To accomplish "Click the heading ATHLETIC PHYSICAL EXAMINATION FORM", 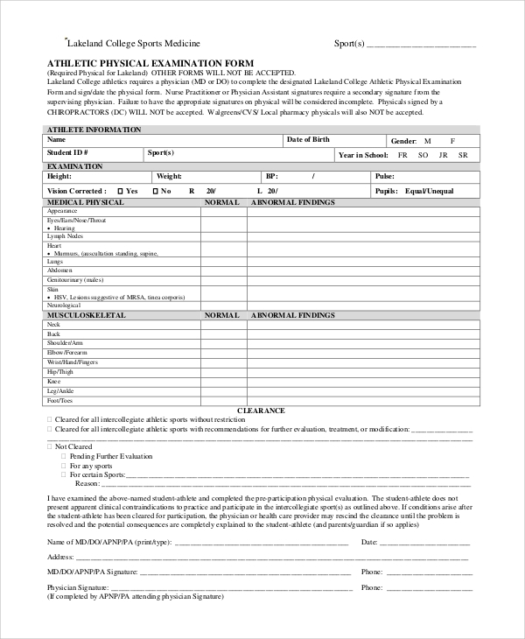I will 150,63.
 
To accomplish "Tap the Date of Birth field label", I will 308,140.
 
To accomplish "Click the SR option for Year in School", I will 463,154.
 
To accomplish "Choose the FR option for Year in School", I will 402,154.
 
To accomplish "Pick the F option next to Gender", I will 452,141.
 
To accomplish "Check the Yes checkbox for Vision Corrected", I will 120,191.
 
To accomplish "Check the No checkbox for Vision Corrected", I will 156,191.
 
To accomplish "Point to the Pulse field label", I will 385,177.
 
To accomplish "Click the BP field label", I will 271,177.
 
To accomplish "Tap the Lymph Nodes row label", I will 65,236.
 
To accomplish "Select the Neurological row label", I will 64,305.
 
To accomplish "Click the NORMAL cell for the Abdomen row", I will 223,270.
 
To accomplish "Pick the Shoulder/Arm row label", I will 66,343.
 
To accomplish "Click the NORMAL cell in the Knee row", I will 223,382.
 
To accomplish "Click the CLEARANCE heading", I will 261,410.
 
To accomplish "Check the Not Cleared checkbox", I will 49,446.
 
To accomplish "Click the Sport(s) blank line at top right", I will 421,43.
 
